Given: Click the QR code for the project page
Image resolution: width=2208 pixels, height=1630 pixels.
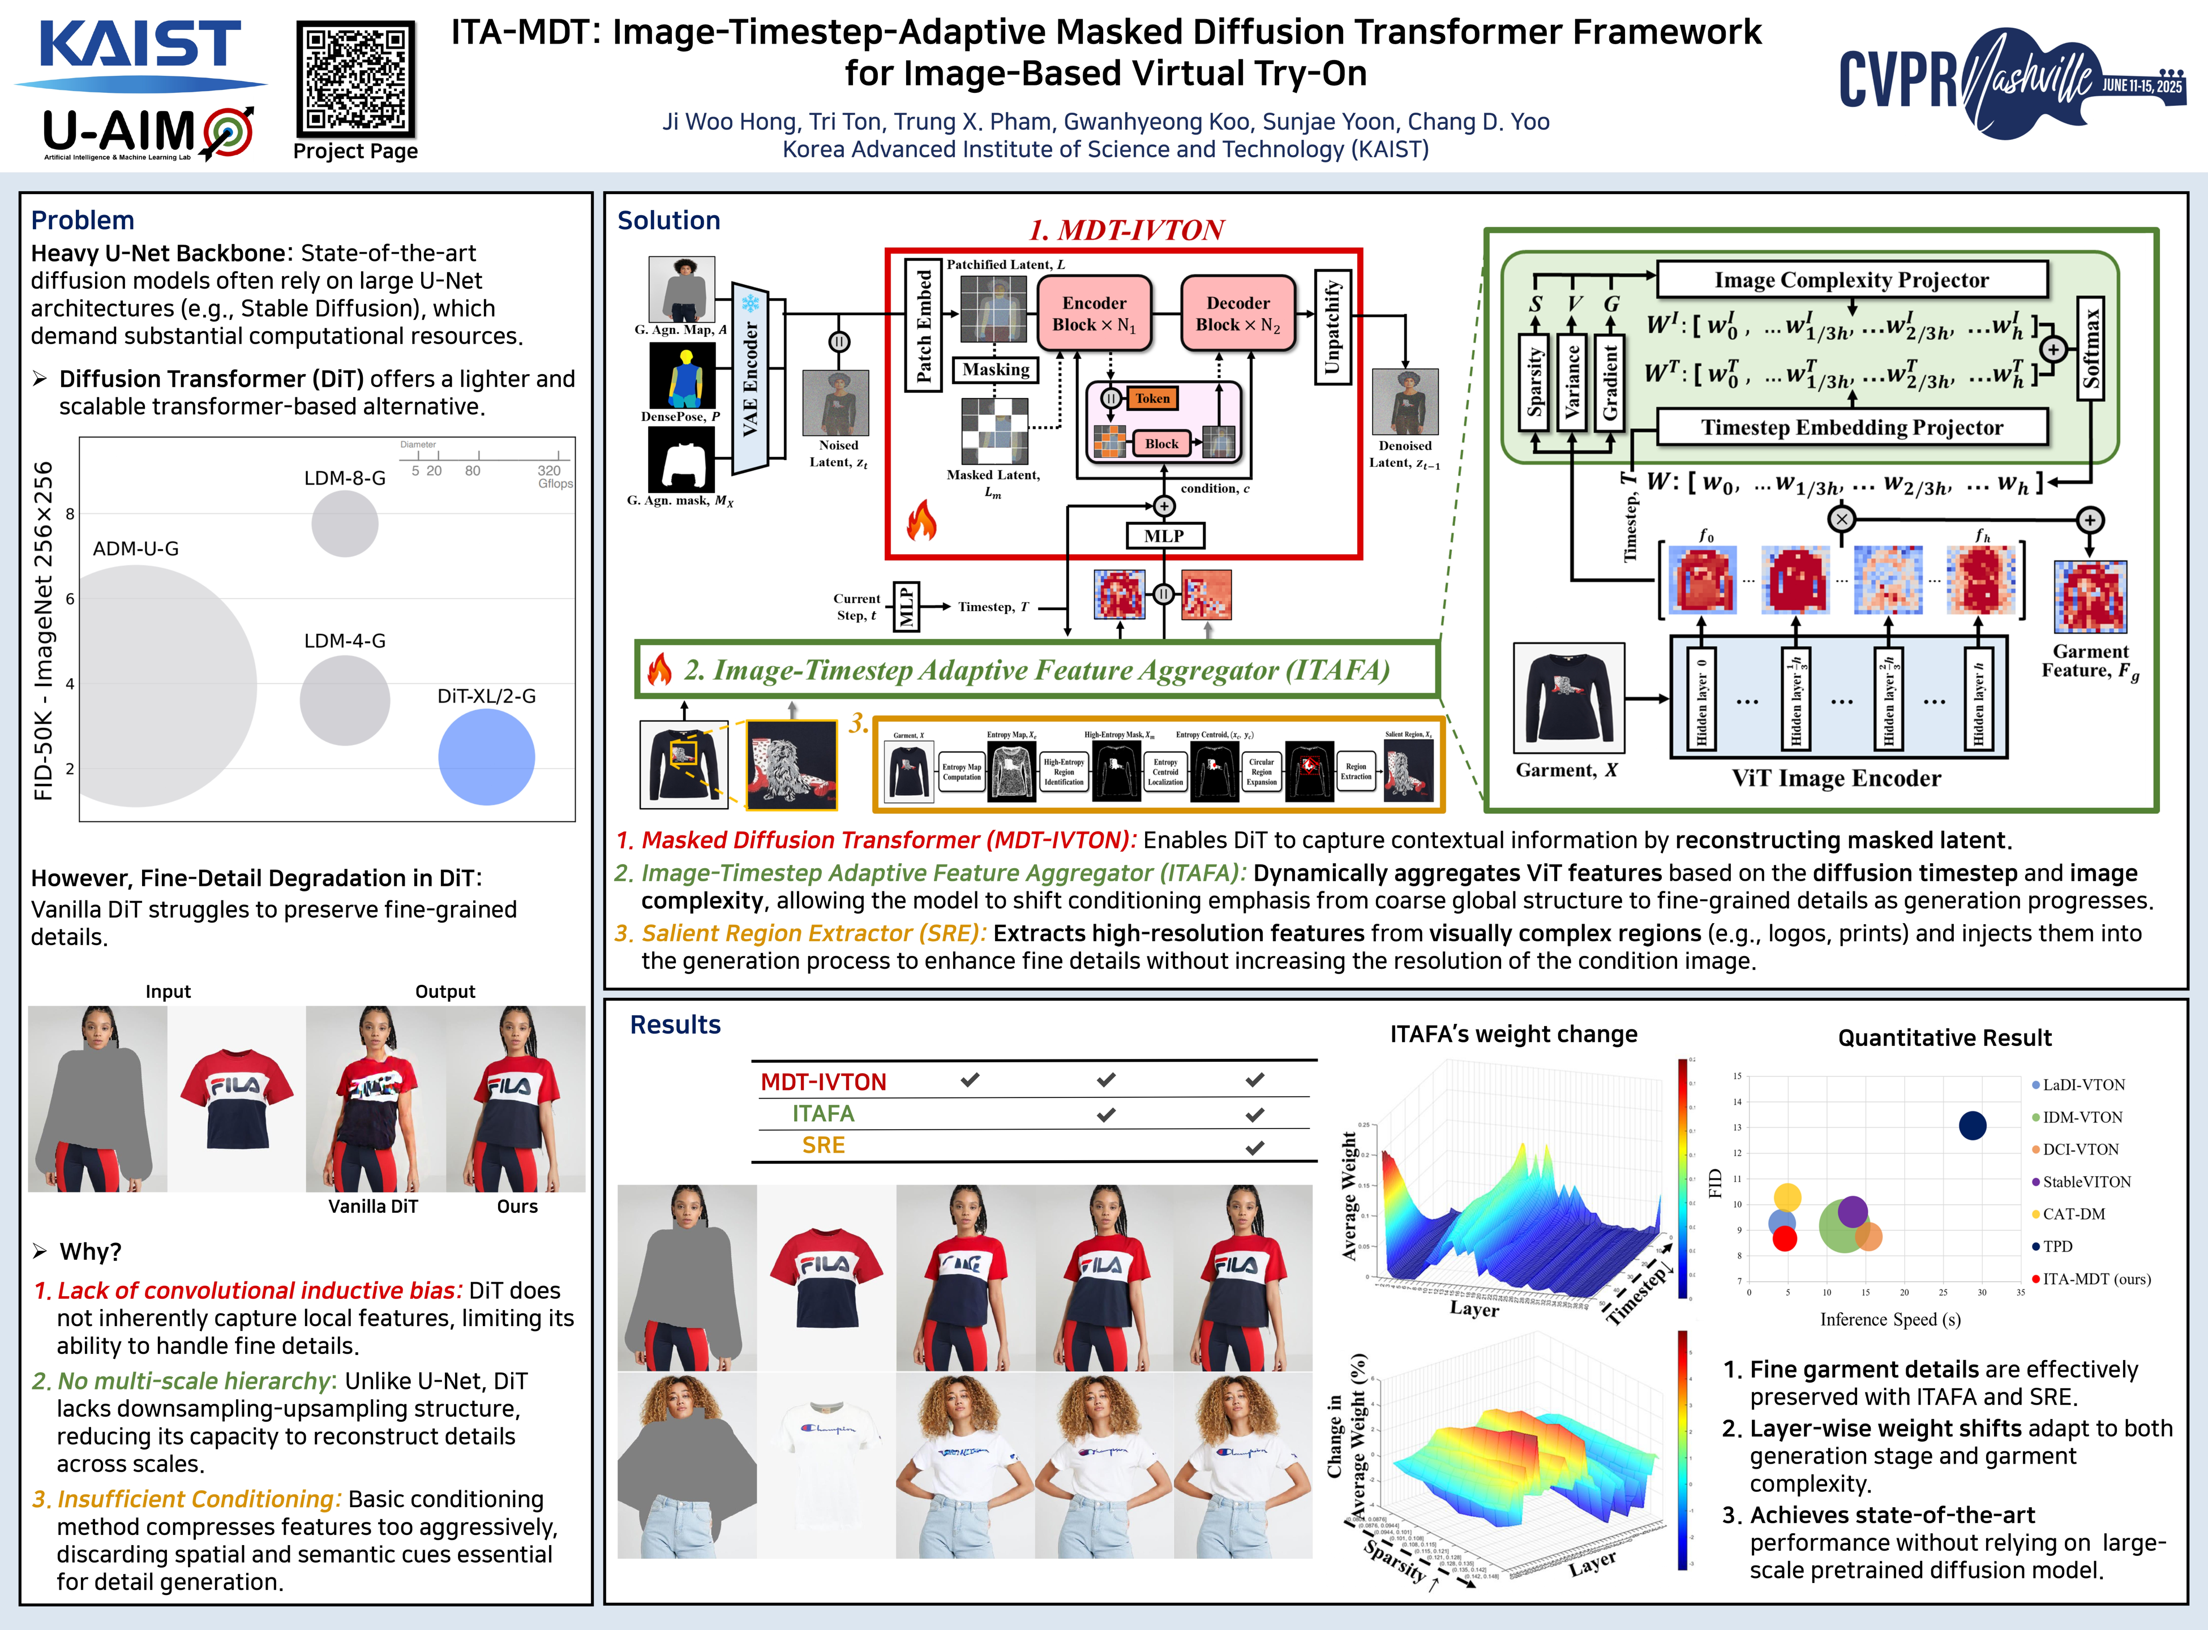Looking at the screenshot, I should (x=355, y=79).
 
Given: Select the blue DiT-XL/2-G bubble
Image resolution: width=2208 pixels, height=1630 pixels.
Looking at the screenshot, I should (x=486, y=757).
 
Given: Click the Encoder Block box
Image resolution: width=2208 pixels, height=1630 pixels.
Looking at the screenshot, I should (x=1094, y=314).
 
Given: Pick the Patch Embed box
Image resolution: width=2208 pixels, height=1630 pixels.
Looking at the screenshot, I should (x=924, y=325).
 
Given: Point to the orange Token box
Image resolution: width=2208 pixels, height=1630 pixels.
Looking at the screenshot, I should (x=1151, y=398).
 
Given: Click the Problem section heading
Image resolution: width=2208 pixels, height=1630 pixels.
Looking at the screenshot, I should (x=83, y=220).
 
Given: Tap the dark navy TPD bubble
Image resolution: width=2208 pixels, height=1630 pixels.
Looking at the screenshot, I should (x=1972, y=1126).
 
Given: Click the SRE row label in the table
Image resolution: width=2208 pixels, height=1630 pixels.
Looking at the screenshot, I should (x=824, y=1146).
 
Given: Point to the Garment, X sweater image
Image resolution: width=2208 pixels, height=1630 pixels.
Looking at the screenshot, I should (x=1568, y=698).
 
